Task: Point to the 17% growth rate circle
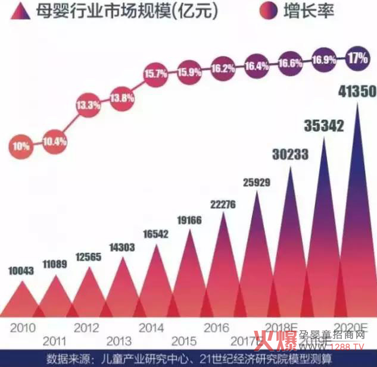click(359, 58)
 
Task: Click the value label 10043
click(21, 271)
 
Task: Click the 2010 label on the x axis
click(23, 328)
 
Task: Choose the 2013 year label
click(119, 342)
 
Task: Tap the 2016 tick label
click(216, 328)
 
